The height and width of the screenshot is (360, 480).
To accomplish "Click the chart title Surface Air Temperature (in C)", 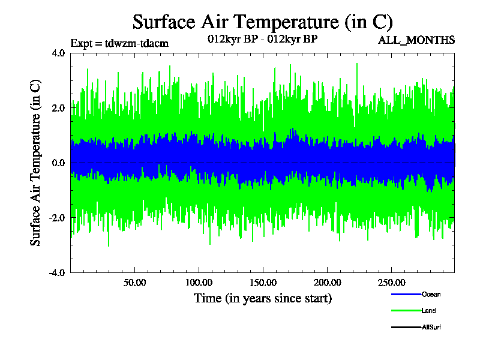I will (x=262, y=22).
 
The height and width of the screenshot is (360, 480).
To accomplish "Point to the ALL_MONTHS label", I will (x=416, y=40).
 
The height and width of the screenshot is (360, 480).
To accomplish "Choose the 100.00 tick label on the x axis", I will (x=199, y=283).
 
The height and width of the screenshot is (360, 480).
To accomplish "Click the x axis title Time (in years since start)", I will (x=262, y=298).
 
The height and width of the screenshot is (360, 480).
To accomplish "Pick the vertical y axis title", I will (x=36, y=163).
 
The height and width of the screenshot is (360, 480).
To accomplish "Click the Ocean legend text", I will (x=431, y=295).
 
